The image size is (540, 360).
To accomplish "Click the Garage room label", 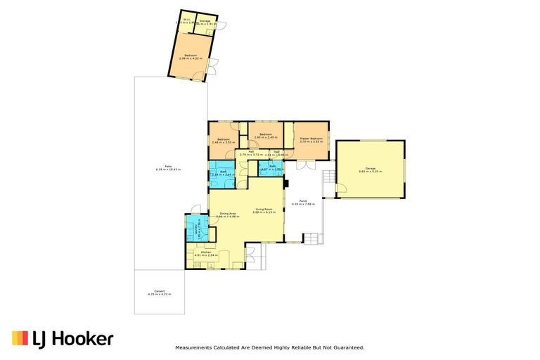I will click(371, 169).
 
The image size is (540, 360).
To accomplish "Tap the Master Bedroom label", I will click(311, 139).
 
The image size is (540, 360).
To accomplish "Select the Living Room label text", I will click(264, 210).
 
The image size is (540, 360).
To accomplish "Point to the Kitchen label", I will click(207, 252).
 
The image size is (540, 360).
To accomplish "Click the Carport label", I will click(159, 292).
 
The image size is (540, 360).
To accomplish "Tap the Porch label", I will click(303, 202).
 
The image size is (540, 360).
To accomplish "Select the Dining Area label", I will click(227, 214).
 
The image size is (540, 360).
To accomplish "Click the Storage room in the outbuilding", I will click(205, 22).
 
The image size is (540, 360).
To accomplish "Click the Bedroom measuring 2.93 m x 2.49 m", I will click(265, 135).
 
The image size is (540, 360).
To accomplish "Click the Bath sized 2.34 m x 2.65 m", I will click(223, 173).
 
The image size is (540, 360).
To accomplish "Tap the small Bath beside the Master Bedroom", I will click(271, 168).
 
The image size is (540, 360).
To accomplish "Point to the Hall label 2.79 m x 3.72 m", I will click(250, 153).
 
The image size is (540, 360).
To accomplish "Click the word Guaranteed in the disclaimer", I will click(345, 348).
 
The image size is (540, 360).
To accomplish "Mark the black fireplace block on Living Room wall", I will click(286, 184).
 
